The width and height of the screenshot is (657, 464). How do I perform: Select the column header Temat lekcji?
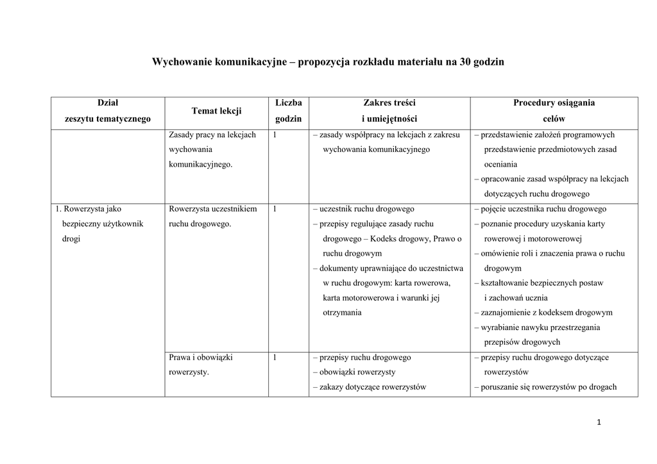click(216, 111)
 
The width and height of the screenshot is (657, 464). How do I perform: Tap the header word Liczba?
click(288, 103)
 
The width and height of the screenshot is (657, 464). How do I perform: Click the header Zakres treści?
click(389, 103)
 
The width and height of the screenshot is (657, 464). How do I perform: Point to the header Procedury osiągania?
click(554, 103)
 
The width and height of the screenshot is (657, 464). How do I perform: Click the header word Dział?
click(107, 103)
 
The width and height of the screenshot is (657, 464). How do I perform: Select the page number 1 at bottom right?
click(598, 422)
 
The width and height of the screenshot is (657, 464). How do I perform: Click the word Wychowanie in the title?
click(182, 62)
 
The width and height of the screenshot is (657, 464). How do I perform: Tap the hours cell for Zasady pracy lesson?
click(275, 135)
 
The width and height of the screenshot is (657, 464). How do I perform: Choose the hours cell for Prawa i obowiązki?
click(275, 358)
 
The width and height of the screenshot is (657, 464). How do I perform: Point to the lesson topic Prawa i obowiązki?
click(200, 358)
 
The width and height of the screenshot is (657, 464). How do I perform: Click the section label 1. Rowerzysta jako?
click(88, 209)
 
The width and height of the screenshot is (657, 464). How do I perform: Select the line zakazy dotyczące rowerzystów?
click(369, 387)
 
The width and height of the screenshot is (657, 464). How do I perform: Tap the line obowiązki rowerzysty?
click(354, 372)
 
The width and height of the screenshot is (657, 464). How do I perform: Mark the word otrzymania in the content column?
click(342, 313)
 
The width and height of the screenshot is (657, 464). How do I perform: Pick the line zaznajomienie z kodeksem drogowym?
click(543, 313)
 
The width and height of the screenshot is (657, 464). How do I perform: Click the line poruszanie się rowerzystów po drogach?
click(545, 387)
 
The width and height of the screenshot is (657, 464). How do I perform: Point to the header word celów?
click(554, 119)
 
